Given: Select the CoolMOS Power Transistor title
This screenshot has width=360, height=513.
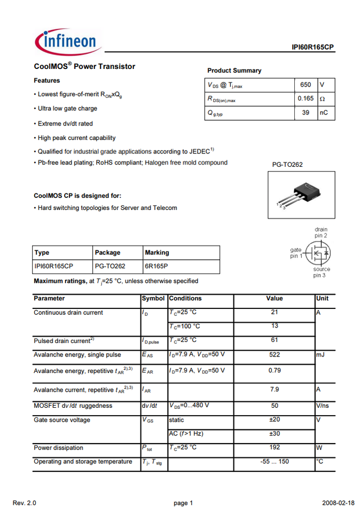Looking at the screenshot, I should pyautogui.click(x=84, y=67).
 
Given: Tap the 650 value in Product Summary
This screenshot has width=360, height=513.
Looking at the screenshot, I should pyautogui.click(x=306, y=85).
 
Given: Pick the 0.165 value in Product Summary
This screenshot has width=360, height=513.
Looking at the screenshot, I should pyautogui.click(x=306, y=99).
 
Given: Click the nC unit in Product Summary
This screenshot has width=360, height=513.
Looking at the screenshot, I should pyautogui.click(x=324, y=113).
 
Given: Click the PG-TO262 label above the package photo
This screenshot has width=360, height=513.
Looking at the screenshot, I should pyautogui.click(x=287, y=165).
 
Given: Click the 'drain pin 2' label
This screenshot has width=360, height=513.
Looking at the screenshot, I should pyautogui.click(x=321, y=232).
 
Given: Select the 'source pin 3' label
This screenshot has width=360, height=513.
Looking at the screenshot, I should pyautogui.click(x=322, y=273).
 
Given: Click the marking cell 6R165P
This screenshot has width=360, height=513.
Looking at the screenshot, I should pyautogui.click(x=156, y=266).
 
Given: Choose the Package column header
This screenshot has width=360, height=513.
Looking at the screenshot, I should pyautogui.click(x=107, y=253).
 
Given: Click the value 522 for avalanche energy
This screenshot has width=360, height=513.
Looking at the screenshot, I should pyautogui.click(x=275, y=355).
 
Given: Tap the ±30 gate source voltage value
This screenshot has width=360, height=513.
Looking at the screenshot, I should pyautogui.click(x=275, y=433).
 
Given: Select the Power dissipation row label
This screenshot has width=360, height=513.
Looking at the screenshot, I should pyautogui.click(x=59, y=448).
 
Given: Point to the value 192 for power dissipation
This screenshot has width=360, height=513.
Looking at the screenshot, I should pyautogui.click(x=275, y=448).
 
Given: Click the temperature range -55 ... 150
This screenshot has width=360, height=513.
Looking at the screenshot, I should pyautogui.click(x=275, y=462).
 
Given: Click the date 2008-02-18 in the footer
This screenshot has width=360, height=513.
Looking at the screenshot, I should pyautogui.click(x=338, y=503).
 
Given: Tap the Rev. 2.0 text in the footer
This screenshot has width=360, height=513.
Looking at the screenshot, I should pyautogui.click(x=25, y=503).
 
